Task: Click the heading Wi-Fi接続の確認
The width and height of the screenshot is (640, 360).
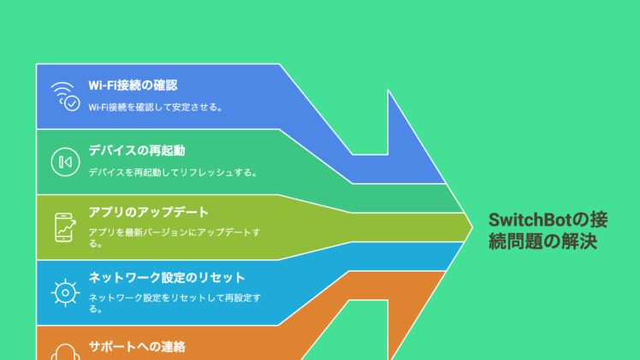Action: point(133,86)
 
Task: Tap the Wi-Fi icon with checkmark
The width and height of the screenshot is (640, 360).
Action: point(65,97)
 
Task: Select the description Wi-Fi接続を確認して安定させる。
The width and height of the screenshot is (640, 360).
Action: point(156,107)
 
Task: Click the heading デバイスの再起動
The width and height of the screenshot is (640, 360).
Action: point(137,150)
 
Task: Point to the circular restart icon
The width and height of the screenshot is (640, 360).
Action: point(65,162)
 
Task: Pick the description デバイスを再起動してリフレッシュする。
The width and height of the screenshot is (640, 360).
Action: point(173,173)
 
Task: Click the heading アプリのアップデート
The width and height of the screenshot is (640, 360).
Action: point(149,212)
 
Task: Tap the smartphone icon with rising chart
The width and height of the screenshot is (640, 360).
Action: point(65,227)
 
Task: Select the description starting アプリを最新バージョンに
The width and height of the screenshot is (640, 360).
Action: point(175,238)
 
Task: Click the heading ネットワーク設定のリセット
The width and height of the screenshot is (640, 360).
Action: point(167,278)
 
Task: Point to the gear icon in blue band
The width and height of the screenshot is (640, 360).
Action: point(65,292)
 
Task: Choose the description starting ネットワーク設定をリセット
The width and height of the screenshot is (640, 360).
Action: point(175,304)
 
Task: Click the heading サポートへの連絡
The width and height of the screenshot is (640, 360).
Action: point(137,346)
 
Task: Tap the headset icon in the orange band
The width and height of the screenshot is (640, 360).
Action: point(65,352)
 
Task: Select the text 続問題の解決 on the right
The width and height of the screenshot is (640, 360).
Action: point(542,241)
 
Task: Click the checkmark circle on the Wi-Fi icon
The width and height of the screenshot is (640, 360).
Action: point(72,103)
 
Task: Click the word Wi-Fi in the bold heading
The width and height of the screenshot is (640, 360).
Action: point(103,86)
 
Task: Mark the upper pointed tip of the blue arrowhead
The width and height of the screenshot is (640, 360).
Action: point(388,90)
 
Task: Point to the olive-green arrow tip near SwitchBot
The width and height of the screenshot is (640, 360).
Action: point(472,227)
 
